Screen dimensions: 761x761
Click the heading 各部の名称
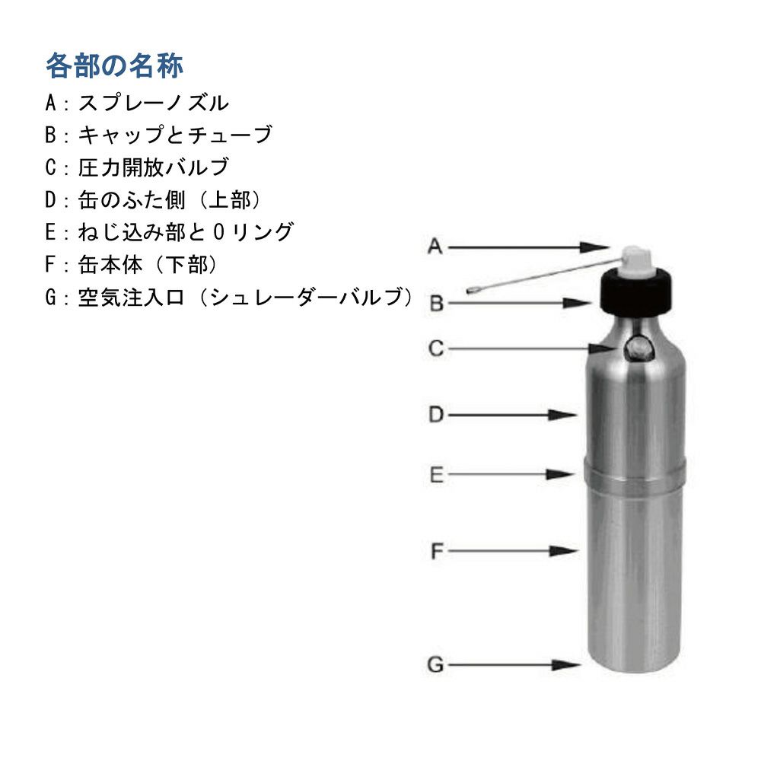click(x=114, y=66)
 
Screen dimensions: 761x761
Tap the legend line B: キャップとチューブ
click(x=158, y=135)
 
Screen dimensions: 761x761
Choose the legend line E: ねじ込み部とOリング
click(x=169, y=232)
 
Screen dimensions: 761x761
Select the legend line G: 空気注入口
click(x=228, y=298)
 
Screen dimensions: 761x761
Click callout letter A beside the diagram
click(x=435, y=246)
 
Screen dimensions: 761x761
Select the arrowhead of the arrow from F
click(x=568, y=550)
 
